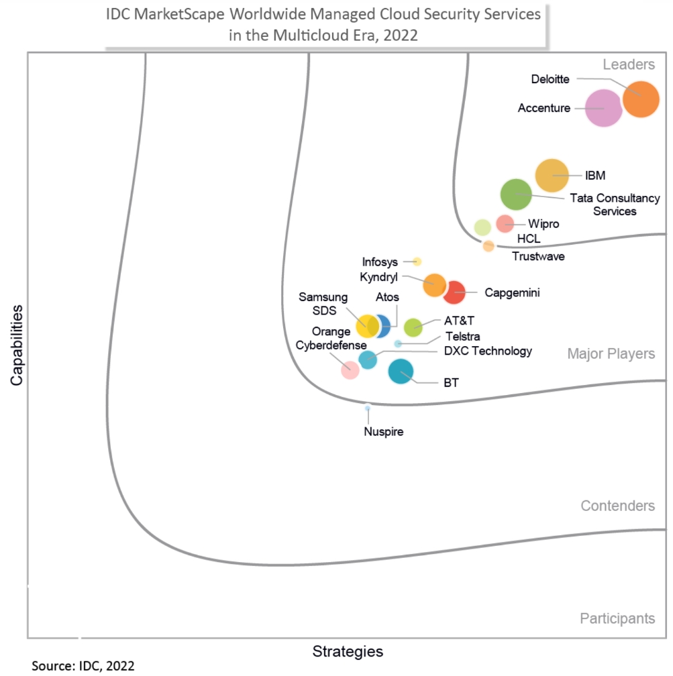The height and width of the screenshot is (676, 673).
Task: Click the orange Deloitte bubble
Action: (x=641, y=99)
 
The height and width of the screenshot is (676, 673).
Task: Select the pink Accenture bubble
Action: (x=604, y=108)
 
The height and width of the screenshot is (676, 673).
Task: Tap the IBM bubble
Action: (x=552, y=176)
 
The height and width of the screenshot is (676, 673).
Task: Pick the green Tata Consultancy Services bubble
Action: (x=516, y=195)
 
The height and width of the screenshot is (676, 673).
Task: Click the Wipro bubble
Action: (x=505, y=223)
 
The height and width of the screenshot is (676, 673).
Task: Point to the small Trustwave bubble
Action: (x=488, y=246)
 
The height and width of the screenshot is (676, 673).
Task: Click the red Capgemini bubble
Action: (x=454, y=292)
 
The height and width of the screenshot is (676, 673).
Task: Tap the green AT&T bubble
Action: (x=413, y=327)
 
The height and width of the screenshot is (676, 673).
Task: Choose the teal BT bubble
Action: (x=401, y=371)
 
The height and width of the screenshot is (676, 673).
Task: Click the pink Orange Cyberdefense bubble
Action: (x=350, y=369)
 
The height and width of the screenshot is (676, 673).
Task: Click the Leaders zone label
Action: (x=628, y=64)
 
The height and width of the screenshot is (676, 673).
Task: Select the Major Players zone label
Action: (x=611, y=353)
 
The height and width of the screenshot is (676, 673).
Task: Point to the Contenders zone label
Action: (x=617, y=506)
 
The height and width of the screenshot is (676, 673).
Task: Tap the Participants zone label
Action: (x=617, y=618)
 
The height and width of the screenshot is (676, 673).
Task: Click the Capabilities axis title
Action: (x=16, y=345)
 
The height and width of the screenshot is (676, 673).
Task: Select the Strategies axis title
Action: (x=348, y=651)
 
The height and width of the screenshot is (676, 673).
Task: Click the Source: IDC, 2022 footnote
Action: (x=83, y=666)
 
